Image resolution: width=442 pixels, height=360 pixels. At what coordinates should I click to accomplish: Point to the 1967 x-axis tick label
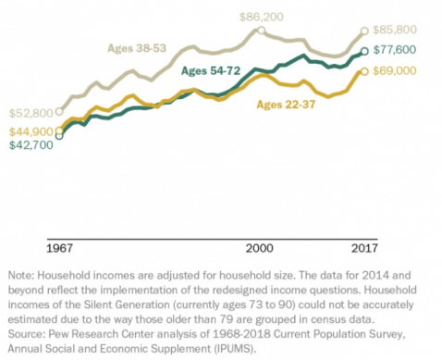tap(61, 249)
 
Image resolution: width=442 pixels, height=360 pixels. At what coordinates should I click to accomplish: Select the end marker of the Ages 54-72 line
tap(364, 52)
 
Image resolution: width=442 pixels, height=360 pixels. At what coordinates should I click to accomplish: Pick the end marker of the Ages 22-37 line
tap(364, 70)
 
